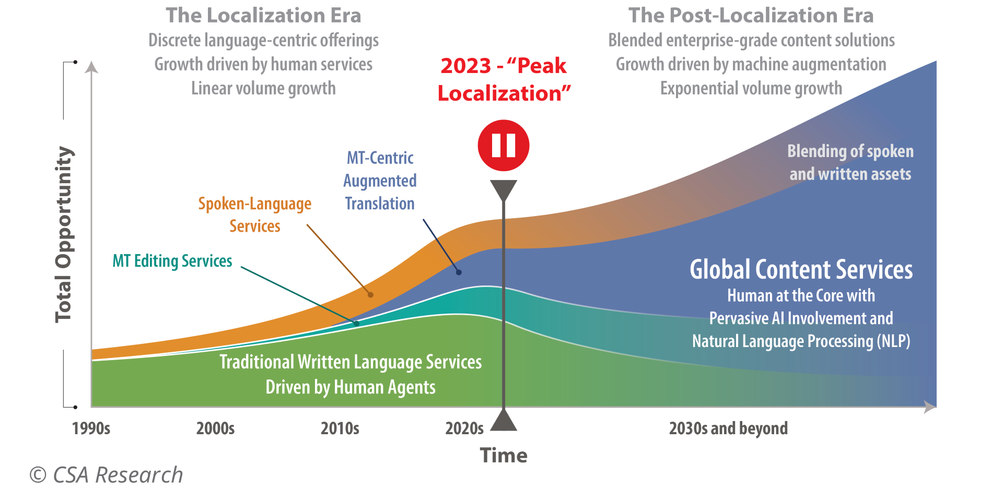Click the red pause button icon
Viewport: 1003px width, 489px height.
click(504, 146)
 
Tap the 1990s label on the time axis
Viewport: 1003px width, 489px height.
click(91, 428)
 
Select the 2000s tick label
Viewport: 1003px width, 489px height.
click(215, 428)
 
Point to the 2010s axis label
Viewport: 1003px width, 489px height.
click(340, 428)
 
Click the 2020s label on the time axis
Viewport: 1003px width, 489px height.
click(464, 428)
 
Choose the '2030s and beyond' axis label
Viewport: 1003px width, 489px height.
click(728, 428)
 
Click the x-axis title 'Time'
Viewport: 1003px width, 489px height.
click(504, 456)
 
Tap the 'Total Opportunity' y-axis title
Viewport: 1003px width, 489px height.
click(64, 234)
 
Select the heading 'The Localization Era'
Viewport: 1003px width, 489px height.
click(263, 16)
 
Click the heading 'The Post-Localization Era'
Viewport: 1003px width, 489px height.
click(751, 16)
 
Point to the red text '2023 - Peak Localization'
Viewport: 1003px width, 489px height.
click(504, 79)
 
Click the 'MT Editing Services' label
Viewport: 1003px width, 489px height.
click(172, 261)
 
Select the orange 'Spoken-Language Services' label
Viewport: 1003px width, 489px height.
click(255, 214)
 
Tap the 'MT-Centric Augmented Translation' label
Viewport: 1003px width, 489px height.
click(380, 181)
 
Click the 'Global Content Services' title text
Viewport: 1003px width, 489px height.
click(801, 270)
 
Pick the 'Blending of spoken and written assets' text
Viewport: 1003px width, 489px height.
click(850, 162)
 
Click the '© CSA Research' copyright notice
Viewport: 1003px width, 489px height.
click(106, 475)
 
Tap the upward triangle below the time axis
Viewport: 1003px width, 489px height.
click(504, 421)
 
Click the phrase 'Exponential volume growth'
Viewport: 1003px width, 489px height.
click(751, 88)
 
